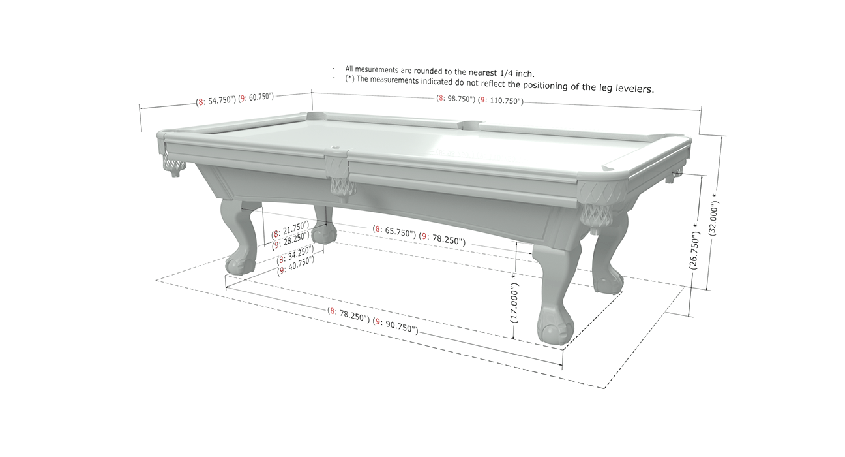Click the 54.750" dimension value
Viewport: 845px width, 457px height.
click(220, 101)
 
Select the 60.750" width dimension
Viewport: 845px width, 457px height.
click(259, 97)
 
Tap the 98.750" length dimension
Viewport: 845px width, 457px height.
click(459, 99)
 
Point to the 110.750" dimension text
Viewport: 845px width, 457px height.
click(505, 101)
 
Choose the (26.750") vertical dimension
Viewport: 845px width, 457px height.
click(694, 251)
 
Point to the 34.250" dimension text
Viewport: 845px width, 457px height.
click(301, 254)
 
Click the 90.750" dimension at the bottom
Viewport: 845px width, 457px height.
click(400, 326)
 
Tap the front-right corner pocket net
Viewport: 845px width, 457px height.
click(596, 216)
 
